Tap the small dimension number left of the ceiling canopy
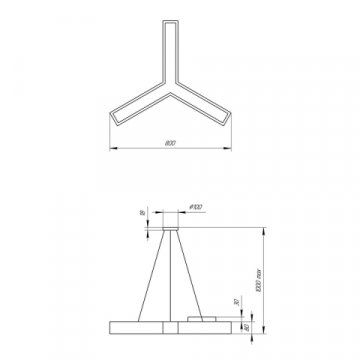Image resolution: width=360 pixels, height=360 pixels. click(x=141, y=215)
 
